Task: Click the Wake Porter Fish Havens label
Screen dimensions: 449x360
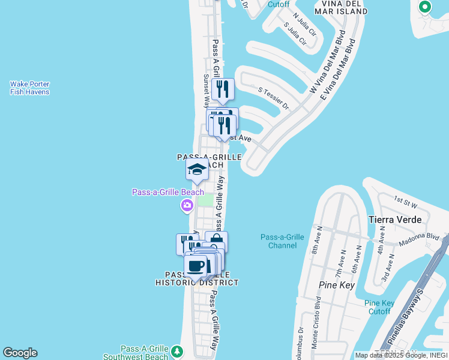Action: [x=29, y=88]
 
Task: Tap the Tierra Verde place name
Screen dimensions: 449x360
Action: [x=396, y=220]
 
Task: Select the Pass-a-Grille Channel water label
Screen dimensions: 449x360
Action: [x=282, y=241]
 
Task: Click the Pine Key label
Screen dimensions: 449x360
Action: [x=337, y=285]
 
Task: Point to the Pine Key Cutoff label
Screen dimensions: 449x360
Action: [x=379, y=307]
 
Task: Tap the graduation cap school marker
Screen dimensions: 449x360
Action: [x=197, y=170]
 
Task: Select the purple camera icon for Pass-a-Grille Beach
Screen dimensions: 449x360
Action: [x=187, y=206]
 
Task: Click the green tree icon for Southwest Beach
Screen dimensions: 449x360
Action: [x=176, y=350]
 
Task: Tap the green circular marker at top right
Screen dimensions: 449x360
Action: [x=425, y=7]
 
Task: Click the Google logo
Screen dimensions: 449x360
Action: [x=20, y=353]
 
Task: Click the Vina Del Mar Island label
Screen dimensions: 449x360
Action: [x=341, y=8]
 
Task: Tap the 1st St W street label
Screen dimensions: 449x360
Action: [x=405, y=199]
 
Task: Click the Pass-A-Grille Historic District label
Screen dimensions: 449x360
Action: [x=197, y=278]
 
